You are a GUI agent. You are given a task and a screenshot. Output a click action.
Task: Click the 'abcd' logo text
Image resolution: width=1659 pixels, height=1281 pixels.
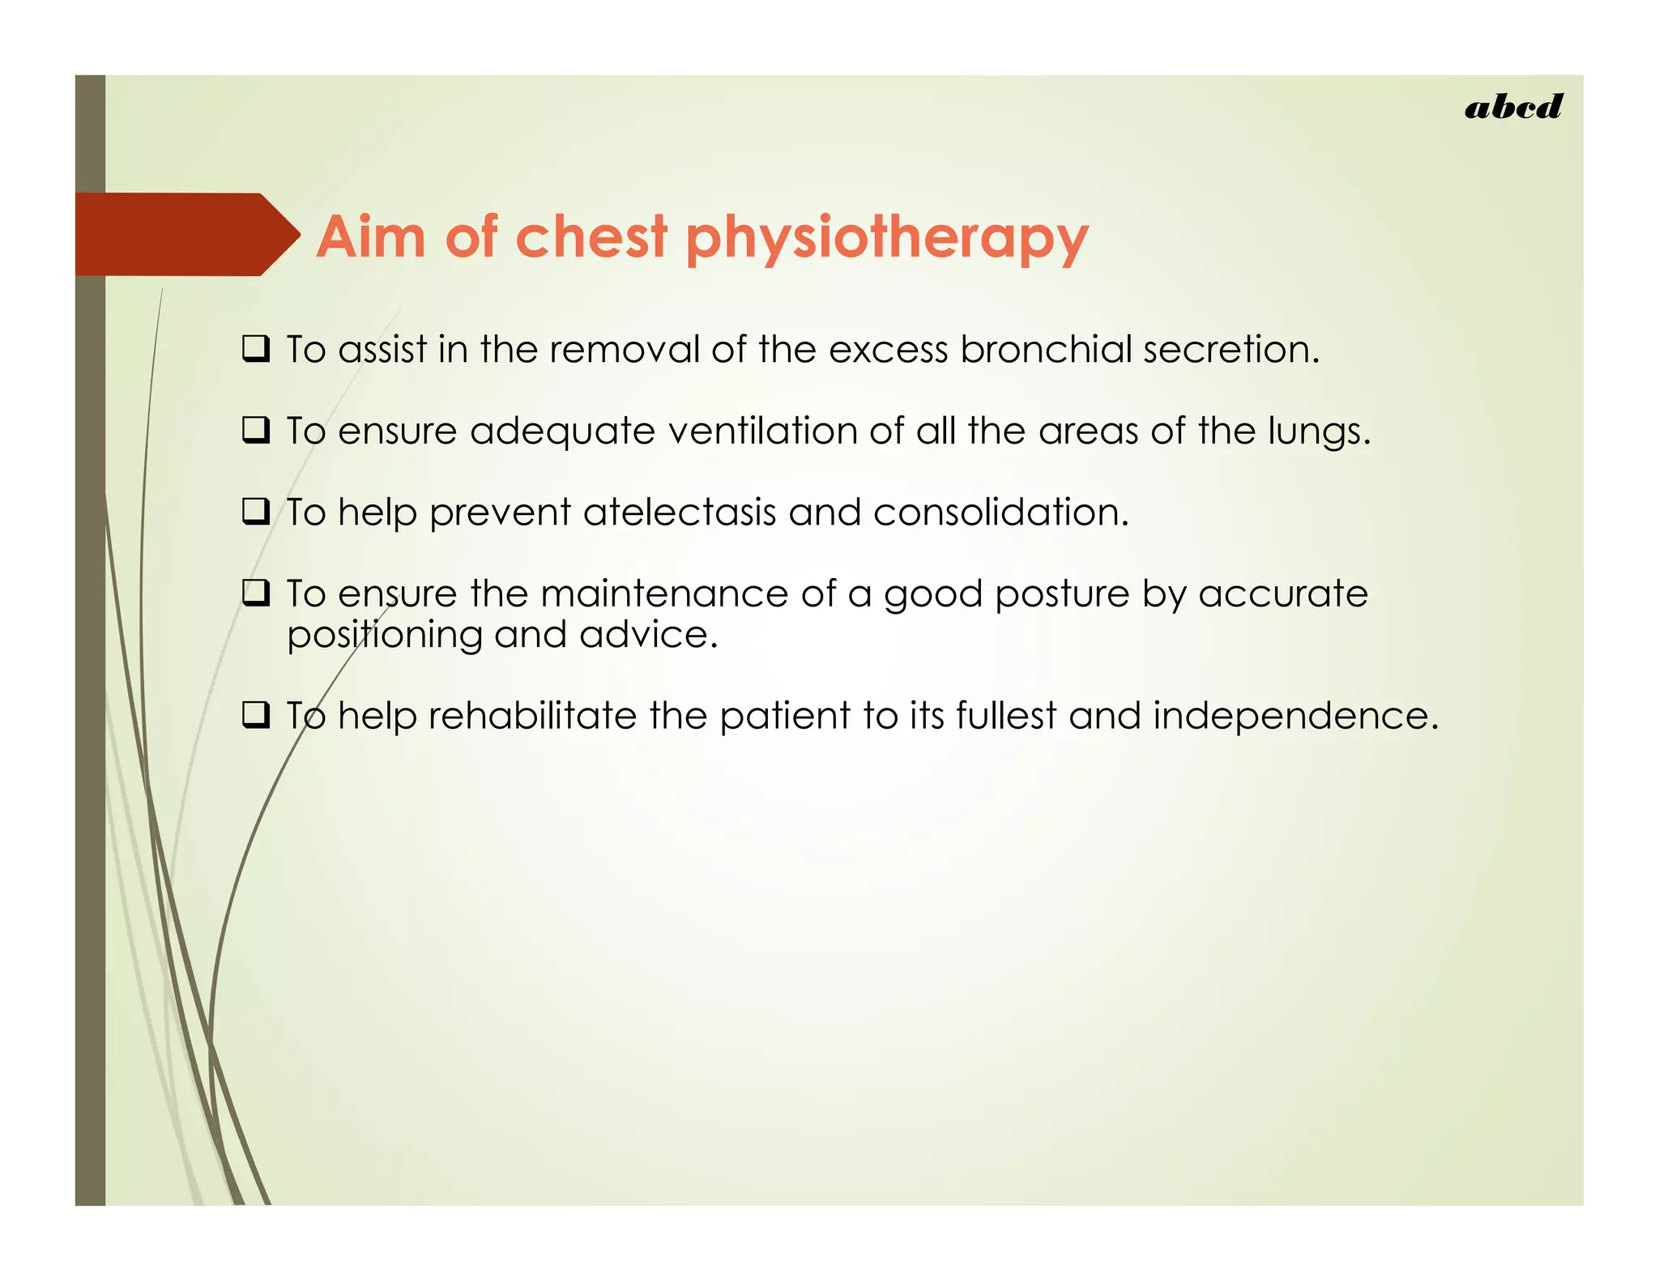click(1512, 108)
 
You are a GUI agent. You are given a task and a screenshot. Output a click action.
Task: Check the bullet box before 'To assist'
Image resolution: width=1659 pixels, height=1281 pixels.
click(256, 350)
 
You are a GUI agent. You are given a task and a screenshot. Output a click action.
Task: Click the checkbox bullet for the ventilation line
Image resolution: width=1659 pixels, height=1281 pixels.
click(256, 431)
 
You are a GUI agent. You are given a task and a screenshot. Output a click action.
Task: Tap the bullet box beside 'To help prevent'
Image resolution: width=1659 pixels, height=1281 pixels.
click(256, 513)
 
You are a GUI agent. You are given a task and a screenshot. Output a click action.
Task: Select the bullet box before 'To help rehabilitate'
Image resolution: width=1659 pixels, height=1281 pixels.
click(256, 716)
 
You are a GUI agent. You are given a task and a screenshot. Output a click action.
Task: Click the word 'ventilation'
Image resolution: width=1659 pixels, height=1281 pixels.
click(762, 431)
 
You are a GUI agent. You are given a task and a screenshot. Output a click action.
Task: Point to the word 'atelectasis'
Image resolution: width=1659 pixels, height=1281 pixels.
click(679, 513)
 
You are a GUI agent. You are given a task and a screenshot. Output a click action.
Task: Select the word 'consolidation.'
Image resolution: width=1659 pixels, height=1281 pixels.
click(1000, 513)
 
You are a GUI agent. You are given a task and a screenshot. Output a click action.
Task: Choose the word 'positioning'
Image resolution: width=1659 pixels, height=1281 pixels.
click(385, 636)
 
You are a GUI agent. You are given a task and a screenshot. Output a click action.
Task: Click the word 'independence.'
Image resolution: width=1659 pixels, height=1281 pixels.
click(1295, 717)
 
